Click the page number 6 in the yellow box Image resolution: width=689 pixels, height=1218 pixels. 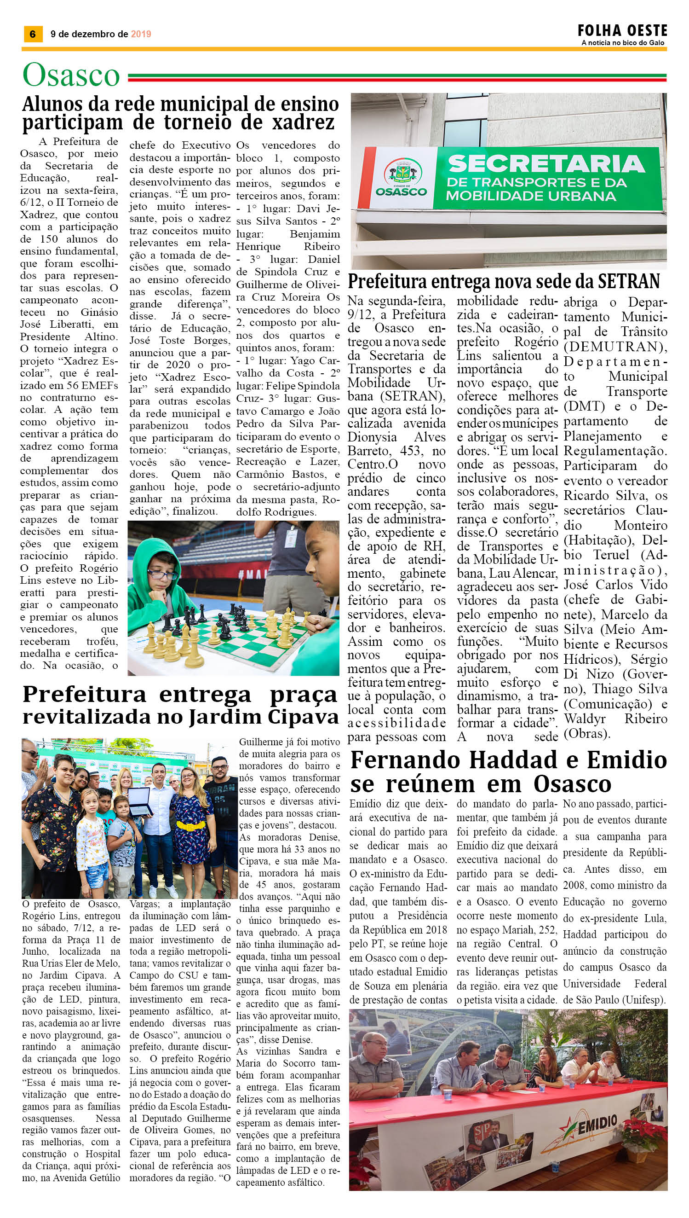click(33, 34)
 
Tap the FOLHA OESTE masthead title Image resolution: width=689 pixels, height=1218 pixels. click(622, 31)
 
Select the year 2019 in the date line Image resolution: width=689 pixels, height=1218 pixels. click(141, 34)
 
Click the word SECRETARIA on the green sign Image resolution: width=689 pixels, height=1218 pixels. click(546, 164)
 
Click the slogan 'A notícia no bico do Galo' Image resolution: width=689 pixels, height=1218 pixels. click(623, 43)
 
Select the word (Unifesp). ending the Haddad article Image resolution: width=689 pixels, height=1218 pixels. click(643, 1000)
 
